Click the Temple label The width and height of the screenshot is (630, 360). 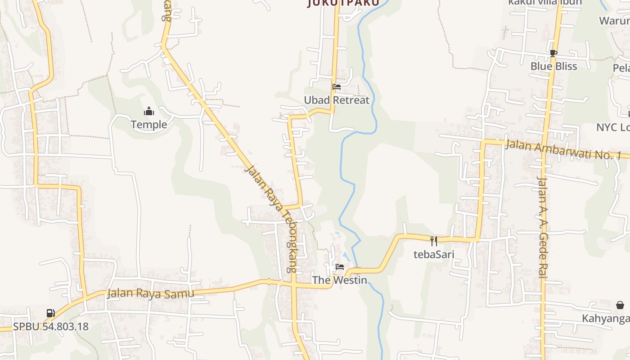[x=148, y=124]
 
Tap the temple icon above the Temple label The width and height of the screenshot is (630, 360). [x=149, y=112]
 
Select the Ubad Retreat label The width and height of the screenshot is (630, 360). [x=337, y=100]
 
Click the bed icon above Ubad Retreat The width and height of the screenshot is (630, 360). [x=337, y=87]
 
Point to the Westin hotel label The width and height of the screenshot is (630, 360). [x=340, y=280]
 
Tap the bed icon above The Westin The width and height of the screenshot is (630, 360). [x=340, y=267]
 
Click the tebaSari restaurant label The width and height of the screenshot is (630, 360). [x=434, y=254]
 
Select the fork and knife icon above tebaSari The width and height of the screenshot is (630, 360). [x=434, y=241]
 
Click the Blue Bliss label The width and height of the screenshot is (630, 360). [x=553, y=66]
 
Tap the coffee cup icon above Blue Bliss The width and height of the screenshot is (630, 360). [x=553, y=53]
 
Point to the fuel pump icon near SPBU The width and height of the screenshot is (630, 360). [x=51, y=313]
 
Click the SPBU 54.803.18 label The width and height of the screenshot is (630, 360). [x=51, y=326]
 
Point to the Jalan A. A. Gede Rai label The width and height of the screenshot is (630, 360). [x=542, y=227]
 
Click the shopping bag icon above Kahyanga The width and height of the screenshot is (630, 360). [x=620, y=305]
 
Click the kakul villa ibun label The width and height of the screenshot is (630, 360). [x=545, y=2]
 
